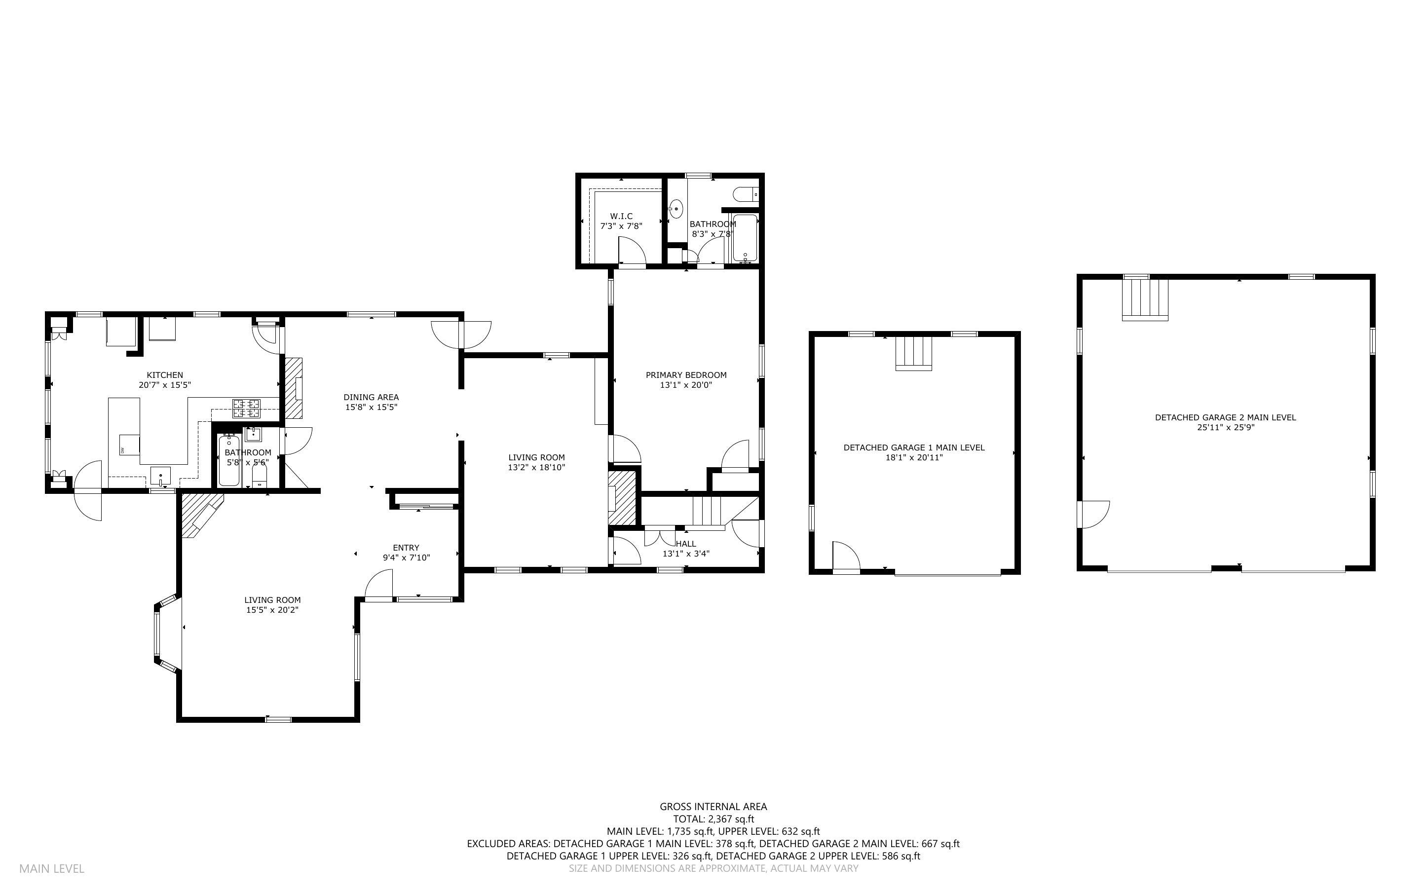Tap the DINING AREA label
tap(371, 398)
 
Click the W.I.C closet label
tap(621, 217)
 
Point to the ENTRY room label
tap(406, 548)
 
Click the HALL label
tap(685, 544)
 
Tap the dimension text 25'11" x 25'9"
tap(1225, 428)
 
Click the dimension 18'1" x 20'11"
tap(914, 458)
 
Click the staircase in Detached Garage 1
tap(914, 353)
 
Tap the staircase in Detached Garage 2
tap(1144, 299)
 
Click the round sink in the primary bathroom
tap(676, 208)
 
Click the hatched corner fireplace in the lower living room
tap(200, 513)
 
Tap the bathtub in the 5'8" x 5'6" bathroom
tap(229, 460)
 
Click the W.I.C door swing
tap(631, 251)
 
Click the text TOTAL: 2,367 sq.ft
tap(713, 819)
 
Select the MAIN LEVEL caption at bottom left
tap(52, 868)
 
